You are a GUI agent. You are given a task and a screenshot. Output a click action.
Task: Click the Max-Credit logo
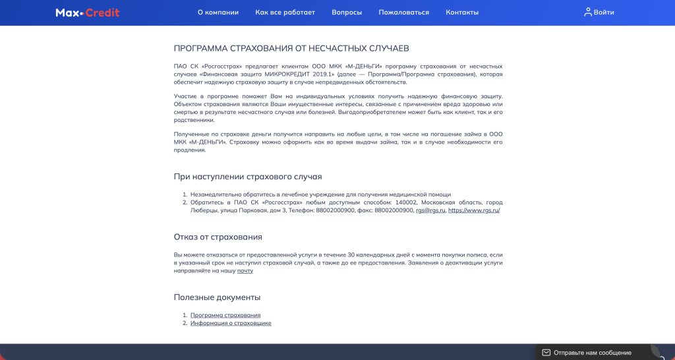pyautogui.click(x=88, y=13)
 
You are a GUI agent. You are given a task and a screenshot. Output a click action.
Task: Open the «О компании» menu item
pyautogui.click(x=218, y=13)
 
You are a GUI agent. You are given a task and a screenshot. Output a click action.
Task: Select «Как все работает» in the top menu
pyautogui.click(x=285, y=13)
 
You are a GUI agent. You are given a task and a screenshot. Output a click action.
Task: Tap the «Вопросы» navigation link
pyautogui.click(x=347, y=13)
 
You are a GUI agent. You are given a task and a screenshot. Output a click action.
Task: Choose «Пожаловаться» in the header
pyautogui.click(x=403, y=13)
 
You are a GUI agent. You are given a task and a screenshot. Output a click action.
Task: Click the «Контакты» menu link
pyautogui.click(x=462, y=13)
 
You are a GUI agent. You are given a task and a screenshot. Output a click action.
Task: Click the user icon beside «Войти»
pyautogui.click(x=588, y=12)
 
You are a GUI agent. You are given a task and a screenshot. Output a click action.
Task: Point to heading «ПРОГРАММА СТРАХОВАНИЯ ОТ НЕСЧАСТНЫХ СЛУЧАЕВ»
pyautogui.click(x=291, y=49)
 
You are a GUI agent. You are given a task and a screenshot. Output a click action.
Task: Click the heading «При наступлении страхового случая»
pyautogui.click(x=247, y=177)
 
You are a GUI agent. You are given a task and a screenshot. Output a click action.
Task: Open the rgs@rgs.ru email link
pyautogui.click(x=430, y=210)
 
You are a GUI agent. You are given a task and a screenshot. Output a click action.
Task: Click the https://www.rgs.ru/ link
pyautogui.click(x=474, y=210)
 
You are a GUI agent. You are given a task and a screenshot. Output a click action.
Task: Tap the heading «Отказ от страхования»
pyautogui.click(x=218, y=237)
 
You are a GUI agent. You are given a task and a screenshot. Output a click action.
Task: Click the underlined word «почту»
pyautogui.click(x=245, y=271)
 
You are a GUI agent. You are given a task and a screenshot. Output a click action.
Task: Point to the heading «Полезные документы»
pyautogui.click(x=217, y=297)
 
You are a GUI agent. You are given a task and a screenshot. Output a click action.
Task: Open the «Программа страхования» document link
pyautogui.click(x=225, y=315)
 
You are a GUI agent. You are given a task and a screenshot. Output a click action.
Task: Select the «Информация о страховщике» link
pyautogui.click(x=231, y=323)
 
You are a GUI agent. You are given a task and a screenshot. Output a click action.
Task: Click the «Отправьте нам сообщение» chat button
pyautogui.click(x=592, y=353)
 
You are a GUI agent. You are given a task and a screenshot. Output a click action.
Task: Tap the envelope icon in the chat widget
pyautogui.click(x=546, y=353)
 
